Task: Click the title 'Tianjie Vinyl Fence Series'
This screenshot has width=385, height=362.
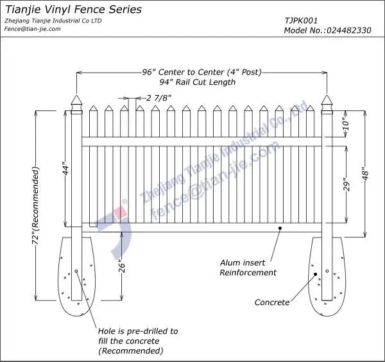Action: [x=74, y=10]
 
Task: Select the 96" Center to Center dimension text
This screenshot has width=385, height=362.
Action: [x=201, y=72]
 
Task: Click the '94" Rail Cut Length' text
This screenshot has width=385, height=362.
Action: [x=198, y=82]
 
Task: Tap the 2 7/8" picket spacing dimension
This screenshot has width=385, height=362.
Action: [x=159, y=98]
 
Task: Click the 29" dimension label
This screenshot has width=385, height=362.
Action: [x=346, y=185]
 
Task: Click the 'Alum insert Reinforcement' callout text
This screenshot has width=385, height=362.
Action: [x=248, y=268]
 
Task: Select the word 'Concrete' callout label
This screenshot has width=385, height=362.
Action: [x=271, y=302]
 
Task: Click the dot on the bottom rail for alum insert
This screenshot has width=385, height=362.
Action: [x=280, y=227]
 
